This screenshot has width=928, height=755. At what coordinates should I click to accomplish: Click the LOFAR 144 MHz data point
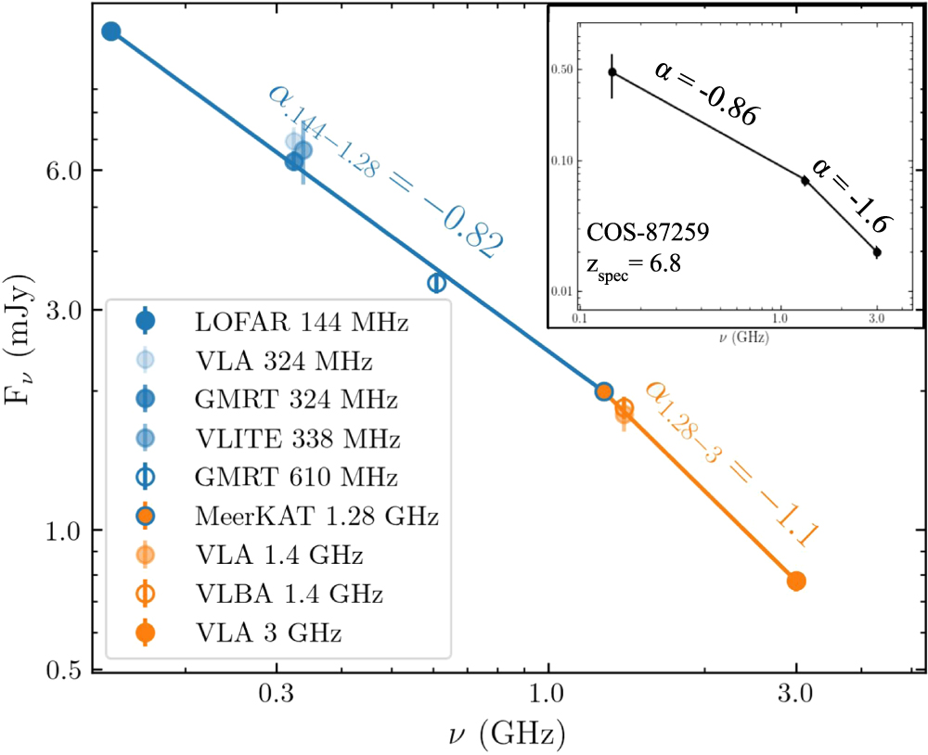coord(111,32)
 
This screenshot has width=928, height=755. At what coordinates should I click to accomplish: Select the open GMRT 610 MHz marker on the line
coord(437,282)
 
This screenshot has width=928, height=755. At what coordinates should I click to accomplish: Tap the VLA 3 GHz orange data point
coord(796,581)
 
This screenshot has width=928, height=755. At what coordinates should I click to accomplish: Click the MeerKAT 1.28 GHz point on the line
coord(604,391)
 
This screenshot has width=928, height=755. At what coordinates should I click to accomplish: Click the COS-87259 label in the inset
coord(648,233)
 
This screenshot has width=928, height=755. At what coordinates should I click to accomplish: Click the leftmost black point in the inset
coord(612,72)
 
